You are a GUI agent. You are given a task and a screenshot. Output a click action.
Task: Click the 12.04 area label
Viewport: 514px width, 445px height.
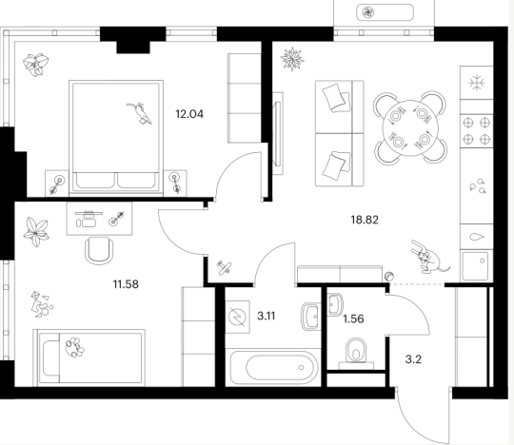click(189, 114)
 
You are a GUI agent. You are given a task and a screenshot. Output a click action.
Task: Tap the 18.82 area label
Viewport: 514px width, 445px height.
click(365, 220)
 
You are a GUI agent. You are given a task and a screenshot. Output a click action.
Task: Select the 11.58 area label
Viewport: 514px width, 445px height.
click(126, 284)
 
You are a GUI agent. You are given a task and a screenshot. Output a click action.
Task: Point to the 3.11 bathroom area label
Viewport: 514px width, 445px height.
click(267, 316)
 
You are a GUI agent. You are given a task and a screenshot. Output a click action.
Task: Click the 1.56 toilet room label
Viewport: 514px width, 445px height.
click(353, 319)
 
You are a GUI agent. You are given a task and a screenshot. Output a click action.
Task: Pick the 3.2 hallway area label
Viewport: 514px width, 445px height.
click(413, 359)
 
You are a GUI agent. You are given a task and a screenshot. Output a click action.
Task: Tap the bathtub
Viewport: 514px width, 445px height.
click(274, 367)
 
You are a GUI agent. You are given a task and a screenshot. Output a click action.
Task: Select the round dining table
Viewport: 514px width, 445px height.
click(410, 128)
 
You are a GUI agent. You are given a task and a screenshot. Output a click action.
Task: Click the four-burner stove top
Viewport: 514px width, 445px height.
click(477, 131)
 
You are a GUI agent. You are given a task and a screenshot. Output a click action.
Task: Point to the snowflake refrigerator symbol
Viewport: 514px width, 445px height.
click(476, 82)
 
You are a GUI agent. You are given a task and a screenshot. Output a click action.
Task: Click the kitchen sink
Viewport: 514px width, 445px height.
click(476, 265)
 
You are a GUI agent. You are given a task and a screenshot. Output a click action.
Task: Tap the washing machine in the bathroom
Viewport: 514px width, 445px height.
click(238, 317)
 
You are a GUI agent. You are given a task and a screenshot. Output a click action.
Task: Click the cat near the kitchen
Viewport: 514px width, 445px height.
click(428, 258)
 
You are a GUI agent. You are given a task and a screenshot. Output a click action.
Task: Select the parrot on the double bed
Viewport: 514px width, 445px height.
click(140, 113)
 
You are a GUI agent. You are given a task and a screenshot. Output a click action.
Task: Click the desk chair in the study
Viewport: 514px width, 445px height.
click(99, 250)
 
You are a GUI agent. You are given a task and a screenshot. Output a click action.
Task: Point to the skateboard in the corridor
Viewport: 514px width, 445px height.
click(226, 267)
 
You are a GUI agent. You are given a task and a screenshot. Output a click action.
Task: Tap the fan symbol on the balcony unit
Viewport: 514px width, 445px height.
click(367, 12)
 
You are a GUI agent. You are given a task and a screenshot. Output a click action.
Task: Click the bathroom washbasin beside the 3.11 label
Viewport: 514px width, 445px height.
click(310, 317)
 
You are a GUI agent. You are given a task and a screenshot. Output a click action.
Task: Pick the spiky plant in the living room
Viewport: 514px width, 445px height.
click(292, 59)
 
